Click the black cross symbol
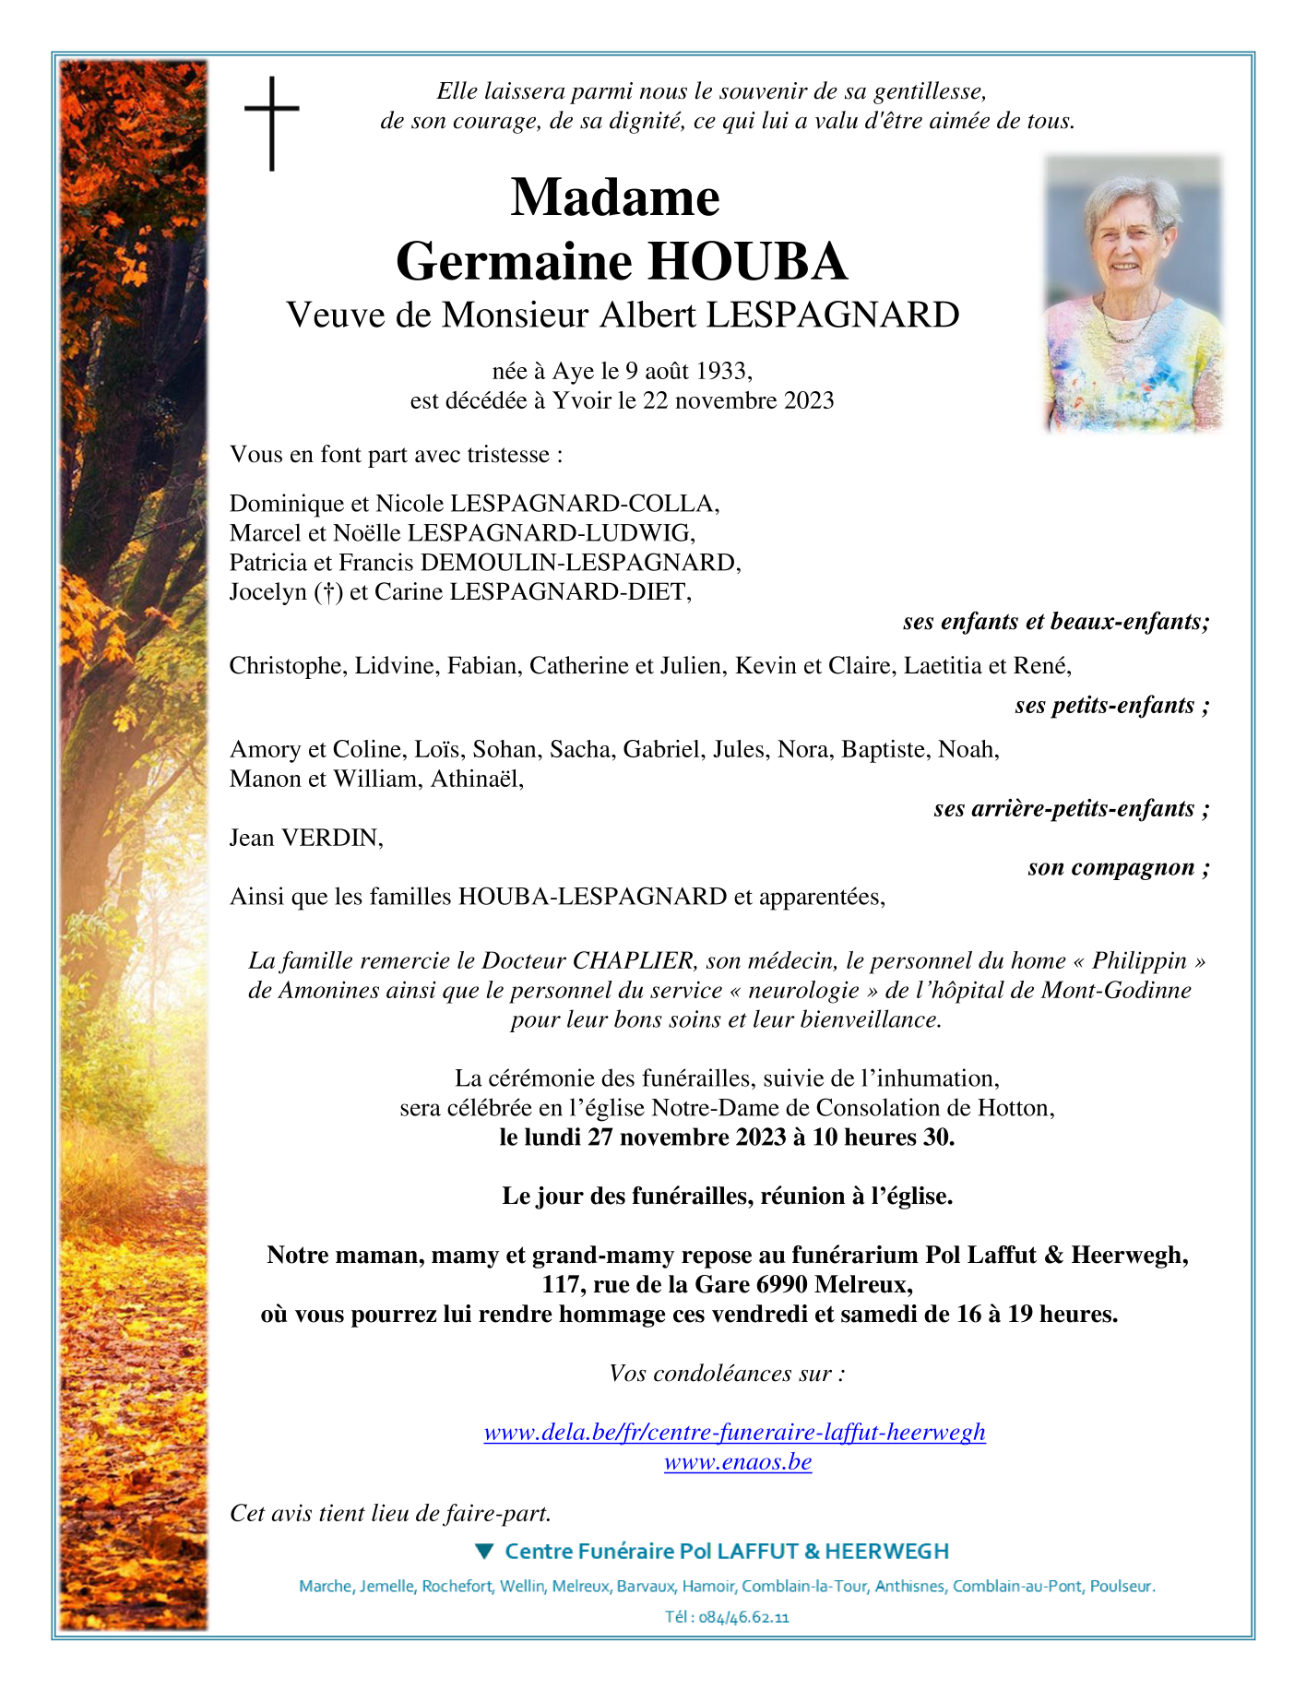(x=272, y=123)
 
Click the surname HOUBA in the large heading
(x=747, y=261)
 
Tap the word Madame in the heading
(x=615, y=196)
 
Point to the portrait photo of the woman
(x=1134, y=293)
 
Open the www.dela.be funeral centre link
(x=734, y=1432)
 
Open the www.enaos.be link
(x=738, y=1461)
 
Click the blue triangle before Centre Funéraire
(x=484, y=1551)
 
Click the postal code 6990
(x=781, y=1284)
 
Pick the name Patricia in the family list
(x=268, y=563)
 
